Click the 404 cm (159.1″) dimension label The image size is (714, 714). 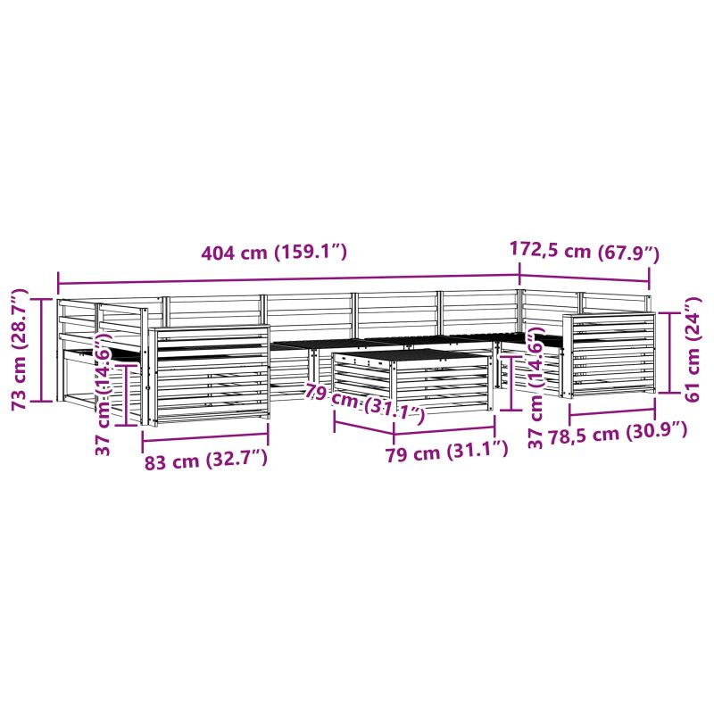point(274,252)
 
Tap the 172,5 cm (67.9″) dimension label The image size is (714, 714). point(585,252)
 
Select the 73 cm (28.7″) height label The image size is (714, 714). point(20,349)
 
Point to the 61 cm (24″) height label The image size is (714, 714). point(693,349)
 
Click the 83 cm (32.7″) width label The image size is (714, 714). point(206,461)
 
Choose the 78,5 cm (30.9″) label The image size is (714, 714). point(617,432)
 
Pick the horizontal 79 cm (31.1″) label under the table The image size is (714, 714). point(447,452)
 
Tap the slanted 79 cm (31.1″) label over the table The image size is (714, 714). point(365,403)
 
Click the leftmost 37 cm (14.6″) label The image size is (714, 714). point(104,394)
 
